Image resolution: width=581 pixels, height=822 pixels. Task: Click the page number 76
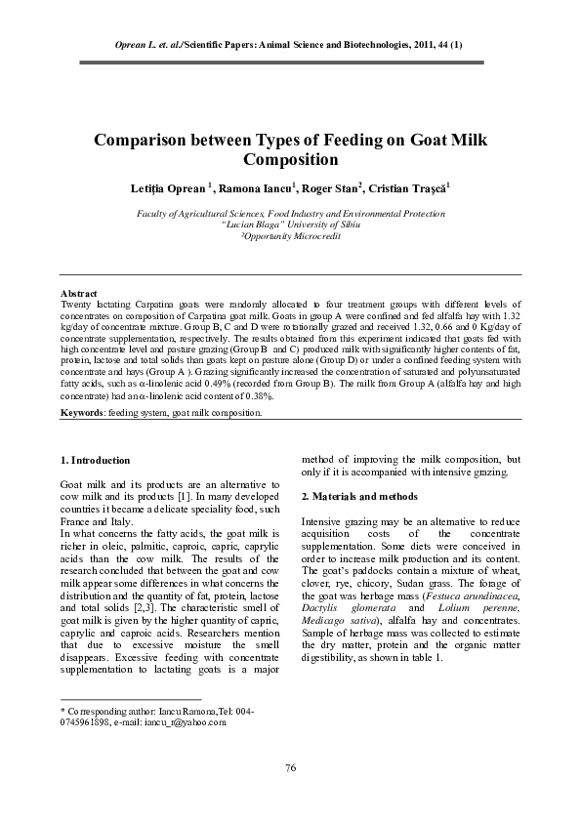tap(290, 769)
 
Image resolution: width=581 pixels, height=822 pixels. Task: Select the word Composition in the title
tap(290, 160)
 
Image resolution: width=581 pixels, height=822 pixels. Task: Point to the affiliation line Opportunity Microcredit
tap(291, 237)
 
